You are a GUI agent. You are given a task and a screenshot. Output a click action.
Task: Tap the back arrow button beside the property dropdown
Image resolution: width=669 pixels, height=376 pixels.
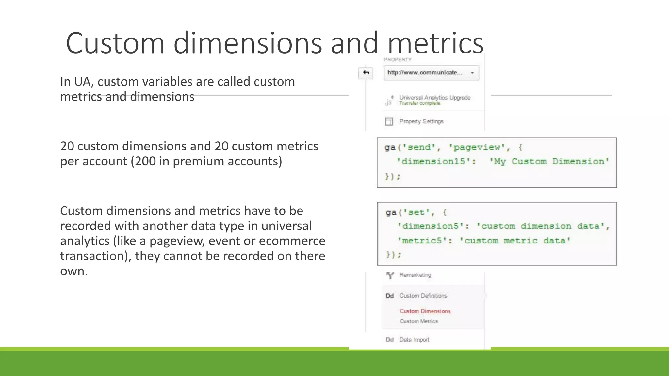click(366, 72)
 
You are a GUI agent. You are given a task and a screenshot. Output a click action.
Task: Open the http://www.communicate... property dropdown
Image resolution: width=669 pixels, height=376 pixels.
click(431, 73)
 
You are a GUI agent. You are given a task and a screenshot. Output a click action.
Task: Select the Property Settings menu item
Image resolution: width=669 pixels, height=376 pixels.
click(421, 121)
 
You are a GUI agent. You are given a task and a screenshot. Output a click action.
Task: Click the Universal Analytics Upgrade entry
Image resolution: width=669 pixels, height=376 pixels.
click(434, 98)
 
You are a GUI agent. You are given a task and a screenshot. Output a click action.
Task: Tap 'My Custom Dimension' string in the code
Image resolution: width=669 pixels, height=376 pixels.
click(549, 162)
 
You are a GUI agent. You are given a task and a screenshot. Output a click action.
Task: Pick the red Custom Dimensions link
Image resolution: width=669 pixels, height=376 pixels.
click(425, 311)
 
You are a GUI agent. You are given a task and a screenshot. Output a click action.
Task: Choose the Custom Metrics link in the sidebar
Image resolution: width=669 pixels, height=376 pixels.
click(419, 321)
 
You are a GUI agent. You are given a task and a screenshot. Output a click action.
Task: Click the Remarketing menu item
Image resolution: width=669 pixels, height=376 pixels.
click(415, 275)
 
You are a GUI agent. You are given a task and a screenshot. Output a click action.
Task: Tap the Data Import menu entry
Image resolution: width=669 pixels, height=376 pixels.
click(414, 340)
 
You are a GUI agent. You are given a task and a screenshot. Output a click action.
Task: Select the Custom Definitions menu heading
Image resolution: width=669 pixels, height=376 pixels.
click(423, 296)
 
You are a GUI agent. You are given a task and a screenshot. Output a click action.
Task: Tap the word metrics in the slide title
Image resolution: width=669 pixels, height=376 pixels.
click(435, 43)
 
